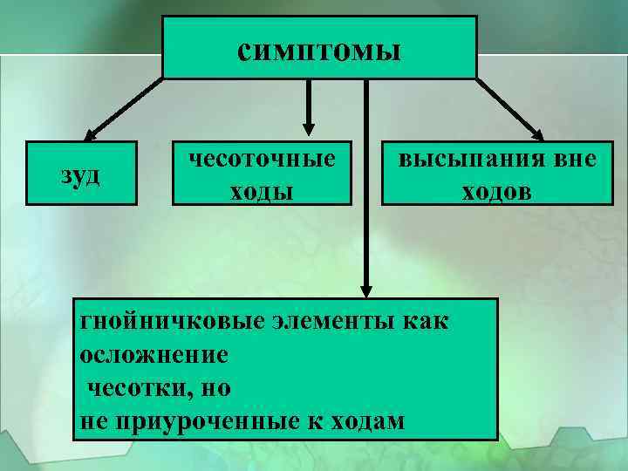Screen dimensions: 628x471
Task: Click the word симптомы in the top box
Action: [x=319, y=50]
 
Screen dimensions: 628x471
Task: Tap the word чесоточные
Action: [x=263, y=160]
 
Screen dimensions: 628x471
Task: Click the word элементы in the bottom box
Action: [x=329, y=321]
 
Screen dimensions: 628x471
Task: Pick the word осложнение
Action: [x=154, y=354]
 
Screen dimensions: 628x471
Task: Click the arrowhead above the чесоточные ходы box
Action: [x=307, y=129]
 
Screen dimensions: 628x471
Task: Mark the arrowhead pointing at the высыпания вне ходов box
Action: [x=536, y=134]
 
